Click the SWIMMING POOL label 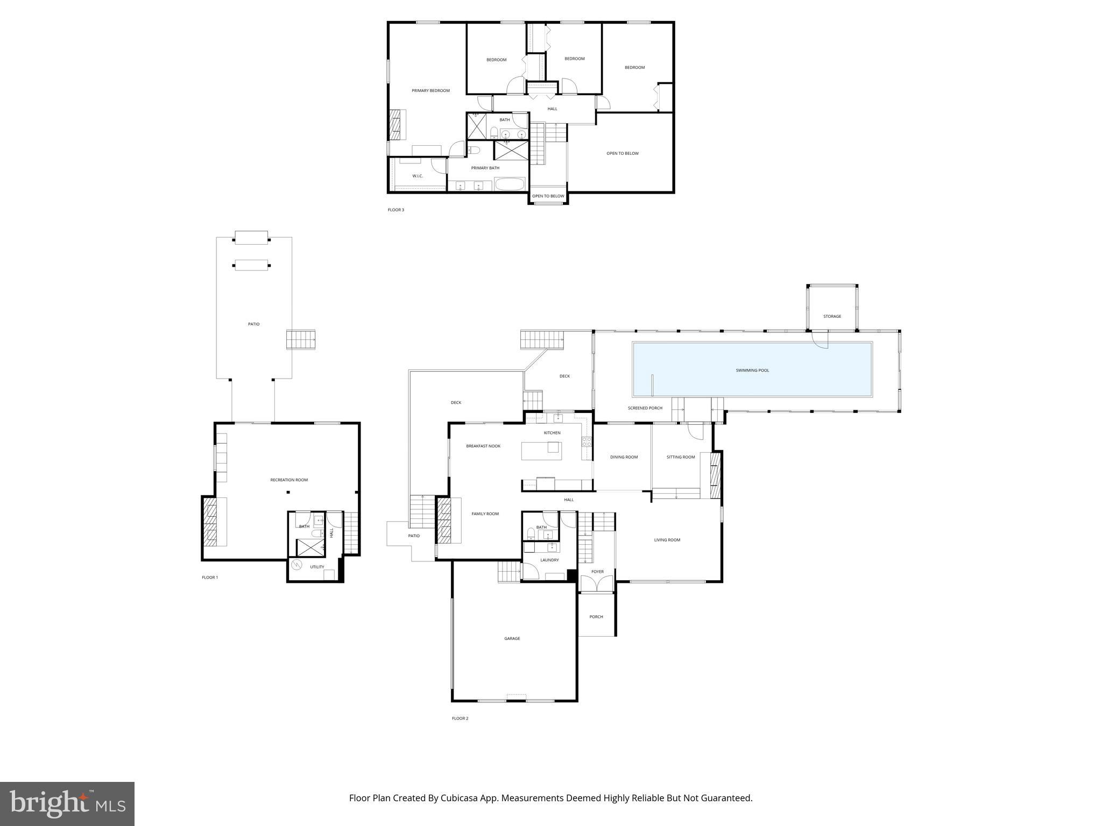coord(752,371)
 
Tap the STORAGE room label coord(832,316)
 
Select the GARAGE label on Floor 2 coord(512,639)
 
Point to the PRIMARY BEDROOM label coord(430,91)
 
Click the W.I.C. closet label coord(418,176)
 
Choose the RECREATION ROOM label coord(289,480)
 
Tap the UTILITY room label coord(317,567)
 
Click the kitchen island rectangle coord(541,451)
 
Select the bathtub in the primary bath coord(510,184)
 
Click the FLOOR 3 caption coord(395,210)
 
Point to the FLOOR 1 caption coord(210,578)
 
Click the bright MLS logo coord(67,803)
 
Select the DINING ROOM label coord(624,457)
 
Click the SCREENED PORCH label coord(645,408)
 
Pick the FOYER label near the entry coord(597,572)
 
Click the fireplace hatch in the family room coord(443,520)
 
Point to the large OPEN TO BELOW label coord(623,154)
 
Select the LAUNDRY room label coord(549,560)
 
